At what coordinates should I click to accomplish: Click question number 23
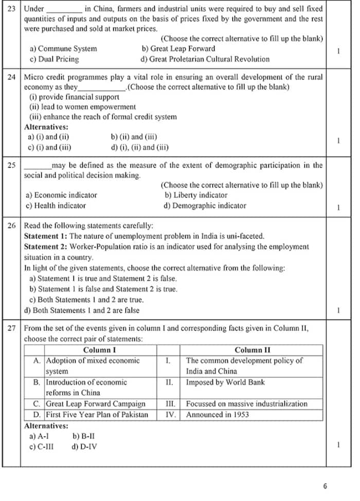pyautogui.click(x=11, y=9)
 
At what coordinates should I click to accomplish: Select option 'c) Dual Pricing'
pyautogui.click(x=55, y=59)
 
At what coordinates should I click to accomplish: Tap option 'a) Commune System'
pyautogui.click(x=63, y=49)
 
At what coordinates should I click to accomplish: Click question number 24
pyautogui.click(x=11, y=77)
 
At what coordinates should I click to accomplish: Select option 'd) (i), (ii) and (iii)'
pyautogui.click(x=139, y=147)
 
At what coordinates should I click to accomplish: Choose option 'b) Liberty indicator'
pyautogui.click(x=196, y=195)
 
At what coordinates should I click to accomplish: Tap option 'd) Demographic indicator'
pyautogui.click(x=205, y=206)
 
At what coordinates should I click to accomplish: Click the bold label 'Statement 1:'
pyautogui.click(x=46, y=236)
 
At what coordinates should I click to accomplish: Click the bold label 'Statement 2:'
pyautogui.click(x=46, y=247)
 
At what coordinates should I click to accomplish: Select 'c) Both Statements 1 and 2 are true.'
pyautogui.click(x=86, y=299)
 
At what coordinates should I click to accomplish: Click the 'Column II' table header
pyautogui.click(x=252, y=350)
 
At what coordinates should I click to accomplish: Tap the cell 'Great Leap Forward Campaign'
pyautogui.click(x=96, y=404)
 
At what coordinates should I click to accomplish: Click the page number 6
pyautogui.click(x=325, y=486)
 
